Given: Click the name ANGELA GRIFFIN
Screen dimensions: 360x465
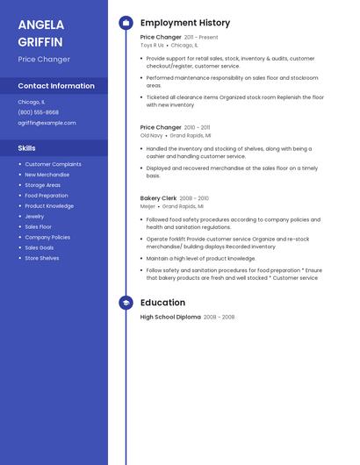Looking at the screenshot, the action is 40,32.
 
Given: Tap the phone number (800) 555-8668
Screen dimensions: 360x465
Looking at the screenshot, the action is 39,112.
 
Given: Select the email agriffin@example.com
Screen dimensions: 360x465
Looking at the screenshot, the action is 47,123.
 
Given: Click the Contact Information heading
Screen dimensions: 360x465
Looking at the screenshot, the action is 56,86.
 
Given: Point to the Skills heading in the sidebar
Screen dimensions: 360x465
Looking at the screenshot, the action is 26,148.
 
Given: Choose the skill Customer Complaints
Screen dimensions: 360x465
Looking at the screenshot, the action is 53,164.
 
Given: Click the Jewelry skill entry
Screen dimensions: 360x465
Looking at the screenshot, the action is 34,216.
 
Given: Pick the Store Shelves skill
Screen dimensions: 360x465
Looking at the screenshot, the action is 42,258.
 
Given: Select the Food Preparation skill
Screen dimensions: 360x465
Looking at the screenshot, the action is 47,196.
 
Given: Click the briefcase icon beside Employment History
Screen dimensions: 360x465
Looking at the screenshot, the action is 126,23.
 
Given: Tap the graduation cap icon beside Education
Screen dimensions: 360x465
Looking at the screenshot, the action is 126,303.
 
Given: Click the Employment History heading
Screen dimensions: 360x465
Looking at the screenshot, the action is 185,23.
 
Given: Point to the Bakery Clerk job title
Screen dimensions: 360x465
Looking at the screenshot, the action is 159,198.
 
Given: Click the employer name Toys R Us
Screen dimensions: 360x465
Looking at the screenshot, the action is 152,45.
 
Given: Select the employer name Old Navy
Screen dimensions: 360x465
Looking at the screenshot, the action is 151,135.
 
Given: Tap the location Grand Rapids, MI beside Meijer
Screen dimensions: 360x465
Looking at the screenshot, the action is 183,206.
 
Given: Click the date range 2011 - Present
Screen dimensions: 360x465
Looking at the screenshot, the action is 201,38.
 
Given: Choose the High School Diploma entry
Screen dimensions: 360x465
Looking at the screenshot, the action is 170,317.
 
